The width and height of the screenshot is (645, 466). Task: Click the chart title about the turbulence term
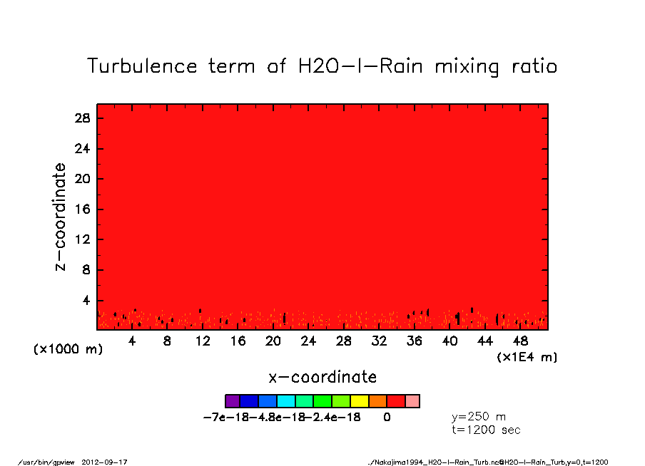[322, 66]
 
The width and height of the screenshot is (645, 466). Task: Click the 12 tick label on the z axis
[83, 240]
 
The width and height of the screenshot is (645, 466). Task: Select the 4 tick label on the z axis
[86, 301]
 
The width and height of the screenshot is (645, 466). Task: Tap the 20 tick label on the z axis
[83, 179]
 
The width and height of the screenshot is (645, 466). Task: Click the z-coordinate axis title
[61, 217]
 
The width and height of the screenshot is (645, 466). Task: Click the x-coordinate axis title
[322, 377]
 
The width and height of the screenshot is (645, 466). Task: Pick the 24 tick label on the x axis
[308, 341]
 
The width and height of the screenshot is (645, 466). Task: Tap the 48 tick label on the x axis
[520, 341]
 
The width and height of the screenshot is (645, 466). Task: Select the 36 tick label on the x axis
[414, 341]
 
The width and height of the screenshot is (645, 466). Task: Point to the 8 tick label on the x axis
[167, 341]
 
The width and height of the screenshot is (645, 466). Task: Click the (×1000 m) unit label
[65, 351]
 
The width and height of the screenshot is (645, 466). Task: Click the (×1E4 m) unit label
[527, 357]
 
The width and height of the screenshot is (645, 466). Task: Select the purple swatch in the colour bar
[232, 401]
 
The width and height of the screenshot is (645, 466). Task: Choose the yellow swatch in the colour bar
[360, 401]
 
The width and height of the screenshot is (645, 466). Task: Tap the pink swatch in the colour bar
[412, 401]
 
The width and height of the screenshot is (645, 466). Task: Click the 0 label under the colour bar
[387, 418]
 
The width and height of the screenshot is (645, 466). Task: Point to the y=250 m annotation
[479, 417]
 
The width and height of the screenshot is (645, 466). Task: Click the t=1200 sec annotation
[487, 430]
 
